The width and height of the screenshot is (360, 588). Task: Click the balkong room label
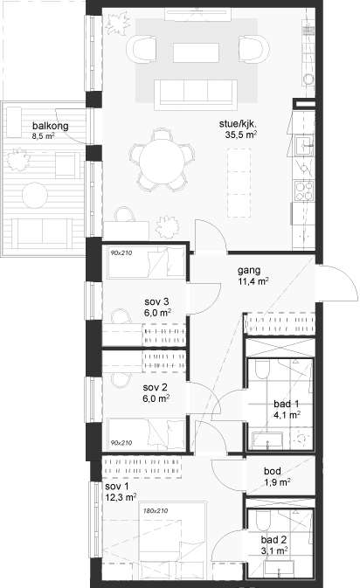pos(51,126)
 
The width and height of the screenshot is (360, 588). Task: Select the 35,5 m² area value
pos(241,135)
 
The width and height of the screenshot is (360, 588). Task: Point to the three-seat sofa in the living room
pos(196,94)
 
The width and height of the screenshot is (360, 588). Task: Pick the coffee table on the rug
pos(196,53)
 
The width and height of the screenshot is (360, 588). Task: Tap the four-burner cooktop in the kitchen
pos(304,190)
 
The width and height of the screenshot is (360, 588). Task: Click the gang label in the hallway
pos(249,270)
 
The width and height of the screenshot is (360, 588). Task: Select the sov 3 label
pos(156,301)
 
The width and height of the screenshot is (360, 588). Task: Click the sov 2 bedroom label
pos(155,387)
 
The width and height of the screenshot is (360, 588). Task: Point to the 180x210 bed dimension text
pos(156,511)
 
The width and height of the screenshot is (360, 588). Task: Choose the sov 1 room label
pos(116,487)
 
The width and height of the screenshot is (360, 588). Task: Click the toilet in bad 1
pos(262,370)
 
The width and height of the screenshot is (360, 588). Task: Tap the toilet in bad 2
pos(262,520)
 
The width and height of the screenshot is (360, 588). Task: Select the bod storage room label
pos(273,472)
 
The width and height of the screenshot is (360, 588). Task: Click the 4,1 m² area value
pos(287,415)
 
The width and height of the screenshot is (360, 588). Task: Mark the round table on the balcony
pos(35,195)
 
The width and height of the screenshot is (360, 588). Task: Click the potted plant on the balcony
pos(17,159)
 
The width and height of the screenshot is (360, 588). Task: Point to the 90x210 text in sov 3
pos(121,253)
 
